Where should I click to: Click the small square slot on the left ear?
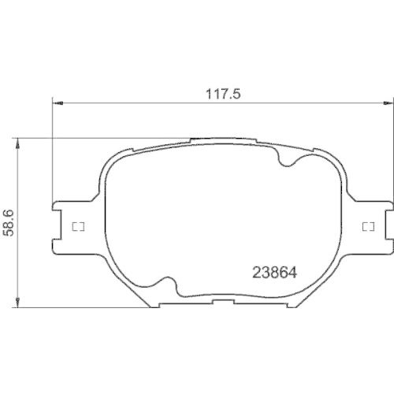point(77,228)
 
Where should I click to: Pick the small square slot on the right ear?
point(366,228)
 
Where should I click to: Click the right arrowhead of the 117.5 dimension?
point(387,102)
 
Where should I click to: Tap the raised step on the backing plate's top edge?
point(221,141)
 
